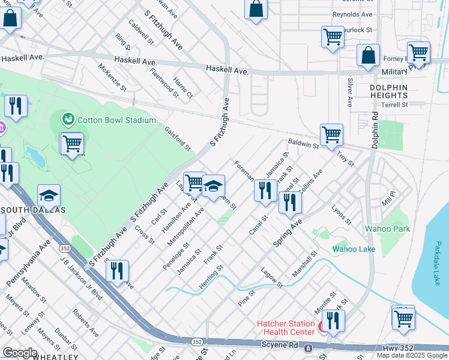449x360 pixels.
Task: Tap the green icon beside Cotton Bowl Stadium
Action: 69,119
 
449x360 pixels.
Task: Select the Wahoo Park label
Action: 387,229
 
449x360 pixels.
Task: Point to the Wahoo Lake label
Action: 354,249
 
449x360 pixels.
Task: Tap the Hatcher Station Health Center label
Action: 286,328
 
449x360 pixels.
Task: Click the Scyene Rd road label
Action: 281,346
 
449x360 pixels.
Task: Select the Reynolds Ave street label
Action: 352,14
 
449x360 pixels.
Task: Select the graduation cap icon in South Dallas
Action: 49,195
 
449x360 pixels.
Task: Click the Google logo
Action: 20,353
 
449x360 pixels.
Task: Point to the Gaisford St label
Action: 178,138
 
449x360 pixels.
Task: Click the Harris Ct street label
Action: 182,88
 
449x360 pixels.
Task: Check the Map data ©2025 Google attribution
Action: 412,355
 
